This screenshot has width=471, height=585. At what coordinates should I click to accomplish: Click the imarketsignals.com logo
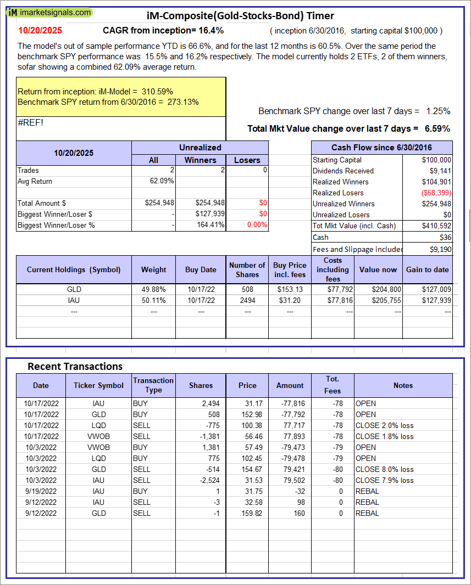coord(50,12)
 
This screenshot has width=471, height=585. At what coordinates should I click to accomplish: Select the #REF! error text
coord(30,122)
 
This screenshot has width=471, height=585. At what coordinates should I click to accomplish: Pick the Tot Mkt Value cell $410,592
coord(436,226)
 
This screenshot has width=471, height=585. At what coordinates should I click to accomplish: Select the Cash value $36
coord(445,237)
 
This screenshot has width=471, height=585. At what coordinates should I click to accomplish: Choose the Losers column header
coord(247,160)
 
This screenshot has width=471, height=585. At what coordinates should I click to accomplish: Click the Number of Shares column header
coord(247,269)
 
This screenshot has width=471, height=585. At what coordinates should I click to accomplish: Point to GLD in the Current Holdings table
coord(74,290)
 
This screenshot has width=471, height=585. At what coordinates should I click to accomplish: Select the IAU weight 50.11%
coord(154,300)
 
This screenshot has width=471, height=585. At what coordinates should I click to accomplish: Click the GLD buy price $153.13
coord(290,290)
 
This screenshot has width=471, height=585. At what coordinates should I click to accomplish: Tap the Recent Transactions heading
coord(75,366)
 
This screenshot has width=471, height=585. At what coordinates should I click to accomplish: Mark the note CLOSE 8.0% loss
coord(384,469)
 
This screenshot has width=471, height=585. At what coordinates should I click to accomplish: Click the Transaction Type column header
coord(153,385)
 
